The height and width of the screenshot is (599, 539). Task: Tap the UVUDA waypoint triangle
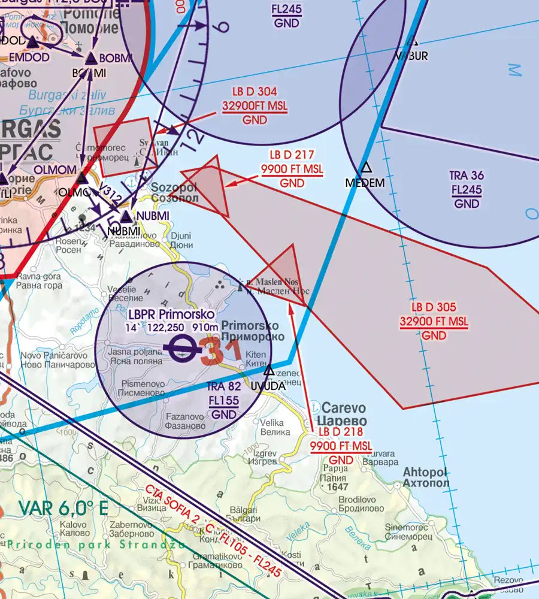(x=269, y=371)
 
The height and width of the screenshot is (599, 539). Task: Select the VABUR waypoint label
(x=411, y=56)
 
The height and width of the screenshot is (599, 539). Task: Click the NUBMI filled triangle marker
(x=126, y=216)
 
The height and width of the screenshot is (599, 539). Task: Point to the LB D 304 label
(x=255, y=92)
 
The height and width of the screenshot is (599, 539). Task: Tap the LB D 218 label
(x=340, y=432)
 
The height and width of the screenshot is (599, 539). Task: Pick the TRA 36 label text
(x=467, y=176)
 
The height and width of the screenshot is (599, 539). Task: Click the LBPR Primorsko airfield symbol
(x=179, y=348)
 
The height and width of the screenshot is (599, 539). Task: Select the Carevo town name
(x=341, y=406)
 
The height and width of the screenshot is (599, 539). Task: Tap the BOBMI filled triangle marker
(x=90, y=59)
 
